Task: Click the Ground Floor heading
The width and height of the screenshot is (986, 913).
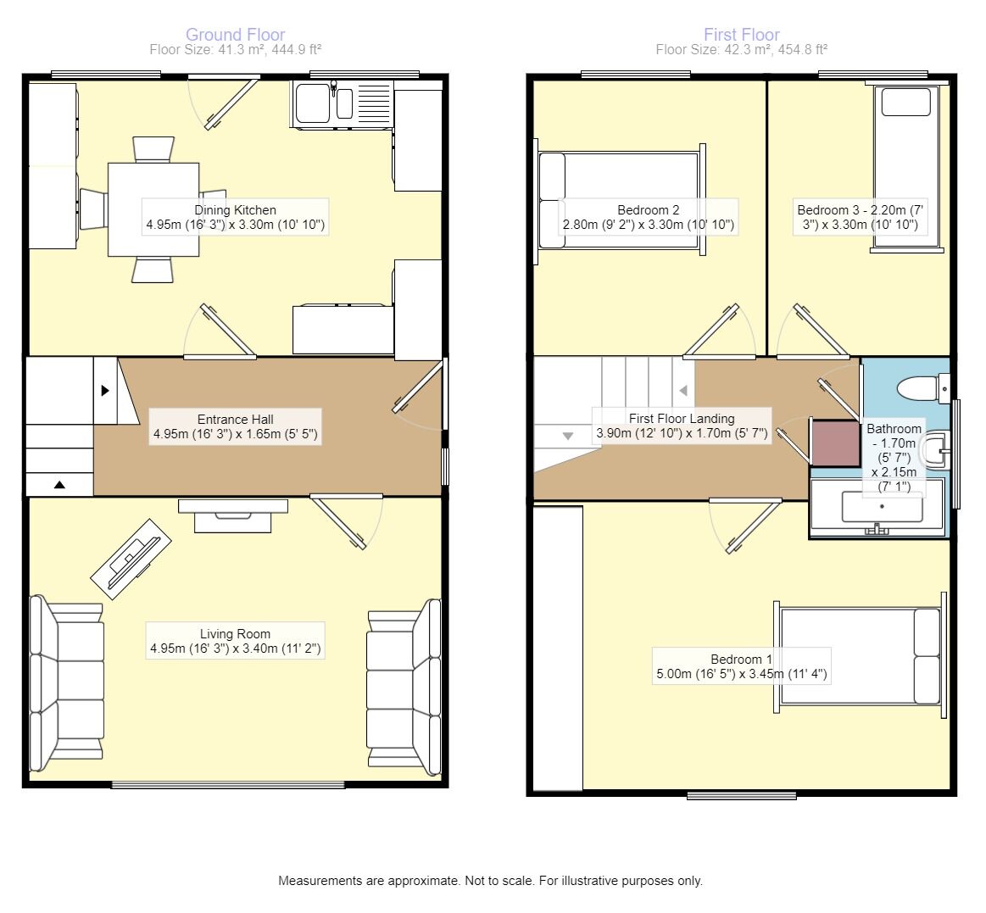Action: (x=235, y=35)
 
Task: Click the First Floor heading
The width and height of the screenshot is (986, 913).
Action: (x=741, y=35)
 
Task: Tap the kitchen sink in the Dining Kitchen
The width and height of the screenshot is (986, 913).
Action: (x=342, y=104)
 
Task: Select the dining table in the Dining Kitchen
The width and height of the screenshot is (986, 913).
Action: (x=153, y=209)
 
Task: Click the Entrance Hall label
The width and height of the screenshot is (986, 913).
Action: (x=235, y=426)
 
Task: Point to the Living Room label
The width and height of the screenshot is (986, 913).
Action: (x=235, y=641)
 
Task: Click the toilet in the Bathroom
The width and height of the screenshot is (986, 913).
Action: (x=923, y=388)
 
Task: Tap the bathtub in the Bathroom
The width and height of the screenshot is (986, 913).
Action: (x=877, y=507)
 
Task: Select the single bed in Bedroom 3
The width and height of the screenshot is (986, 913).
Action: (x=906, y=167)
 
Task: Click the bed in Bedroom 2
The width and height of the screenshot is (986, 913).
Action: (x=620, y=200)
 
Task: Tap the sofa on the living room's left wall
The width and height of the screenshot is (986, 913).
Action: (x=67, y=683)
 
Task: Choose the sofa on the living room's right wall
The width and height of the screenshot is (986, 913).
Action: (x=404, y=687)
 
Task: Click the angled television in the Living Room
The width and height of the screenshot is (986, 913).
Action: (x=131, y=559)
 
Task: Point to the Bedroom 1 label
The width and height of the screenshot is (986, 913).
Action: (x=741, y=665)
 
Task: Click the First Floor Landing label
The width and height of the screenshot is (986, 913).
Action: (x=682, y=426)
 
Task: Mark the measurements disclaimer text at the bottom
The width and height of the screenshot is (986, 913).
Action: (x=491, y=881)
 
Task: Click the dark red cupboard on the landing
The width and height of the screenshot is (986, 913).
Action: (x=835, y=443)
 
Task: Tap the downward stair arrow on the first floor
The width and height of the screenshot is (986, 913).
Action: (x=568, y=436)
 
